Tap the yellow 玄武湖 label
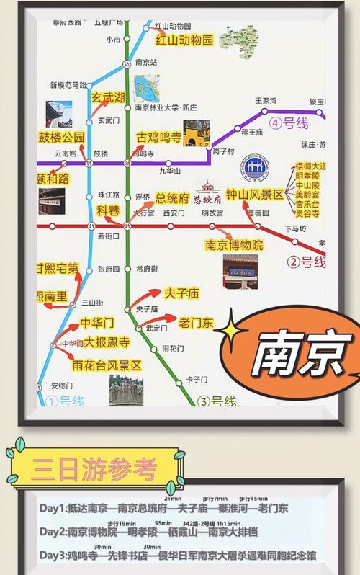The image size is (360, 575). [108, 97]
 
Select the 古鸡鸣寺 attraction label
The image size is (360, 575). [159, 138]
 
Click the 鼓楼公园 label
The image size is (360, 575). [62, 138]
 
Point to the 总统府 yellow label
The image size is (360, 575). [172, 197]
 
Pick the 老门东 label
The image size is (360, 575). [196, 322]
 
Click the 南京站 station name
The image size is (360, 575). [147, 63]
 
